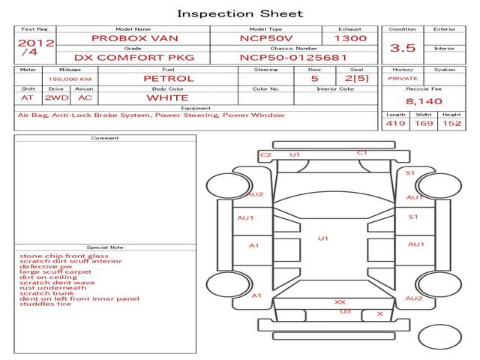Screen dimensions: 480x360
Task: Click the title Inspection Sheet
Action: [x=240, y=13]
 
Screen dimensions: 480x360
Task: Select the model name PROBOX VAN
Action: [x=135, y=38]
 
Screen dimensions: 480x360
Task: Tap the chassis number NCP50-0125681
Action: [x=293, y=58]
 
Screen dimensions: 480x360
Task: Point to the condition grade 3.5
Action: [x=403, y=48]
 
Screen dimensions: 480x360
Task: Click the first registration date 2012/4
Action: [x=36, y=47]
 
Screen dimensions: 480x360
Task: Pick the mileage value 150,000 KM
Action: [x=70, y=79]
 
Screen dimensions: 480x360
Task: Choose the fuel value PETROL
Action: [x=169, y=79]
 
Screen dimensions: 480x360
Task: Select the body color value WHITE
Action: [x=167, y=98]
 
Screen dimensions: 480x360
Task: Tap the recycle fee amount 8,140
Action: [x=424, y=101]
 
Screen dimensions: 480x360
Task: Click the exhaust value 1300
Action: [x=350, y=38]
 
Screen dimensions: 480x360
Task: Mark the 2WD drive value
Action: [x=57, y=98]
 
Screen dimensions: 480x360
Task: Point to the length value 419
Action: [x=395, y=123]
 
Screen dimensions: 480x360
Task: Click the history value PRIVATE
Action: [x=403, y=79]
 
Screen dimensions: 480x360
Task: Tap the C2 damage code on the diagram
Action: [x=265, y=155]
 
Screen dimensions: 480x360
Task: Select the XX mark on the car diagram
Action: [x=340, y=302]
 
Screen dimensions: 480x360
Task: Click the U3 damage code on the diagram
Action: [x=345, y=311]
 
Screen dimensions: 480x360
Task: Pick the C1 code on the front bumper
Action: [x=362, y=152]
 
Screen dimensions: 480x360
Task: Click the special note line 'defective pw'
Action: [x=46, y=267]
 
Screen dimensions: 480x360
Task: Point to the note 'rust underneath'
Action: [x=53, y=288]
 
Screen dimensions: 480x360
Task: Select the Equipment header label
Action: [x=196, y=108]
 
